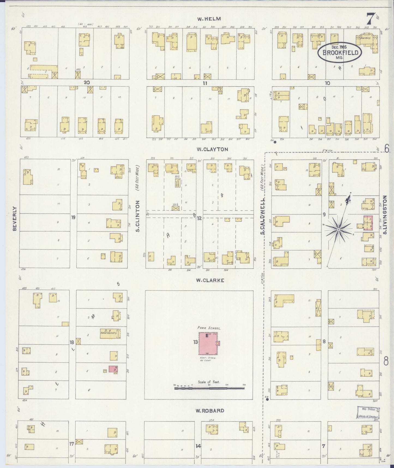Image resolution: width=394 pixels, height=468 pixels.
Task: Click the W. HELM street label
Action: [209, 19]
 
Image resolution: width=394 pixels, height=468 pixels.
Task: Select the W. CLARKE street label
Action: [210, 280]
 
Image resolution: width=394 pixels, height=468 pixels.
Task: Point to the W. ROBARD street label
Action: [210, 411]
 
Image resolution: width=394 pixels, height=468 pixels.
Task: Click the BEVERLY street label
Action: [15, 218]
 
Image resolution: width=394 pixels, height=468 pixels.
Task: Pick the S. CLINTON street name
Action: [138, 216]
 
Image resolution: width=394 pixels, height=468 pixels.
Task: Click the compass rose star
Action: [338, 230]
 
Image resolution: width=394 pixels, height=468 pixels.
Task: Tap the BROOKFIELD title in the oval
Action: [340, 52]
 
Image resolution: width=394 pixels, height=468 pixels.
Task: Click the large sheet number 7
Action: [370, 19]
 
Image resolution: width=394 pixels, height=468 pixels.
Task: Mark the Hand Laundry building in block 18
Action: [110, 333]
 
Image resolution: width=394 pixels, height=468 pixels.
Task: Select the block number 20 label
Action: [87, 82]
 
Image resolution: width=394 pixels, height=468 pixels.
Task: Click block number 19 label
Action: [73, 217]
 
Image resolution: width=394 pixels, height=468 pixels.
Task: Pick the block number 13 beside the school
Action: [196, 342]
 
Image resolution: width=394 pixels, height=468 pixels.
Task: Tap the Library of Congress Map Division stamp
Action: [368, 413]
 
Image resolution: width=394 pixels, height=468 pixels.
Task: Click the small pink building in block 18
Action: [113, 369]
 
